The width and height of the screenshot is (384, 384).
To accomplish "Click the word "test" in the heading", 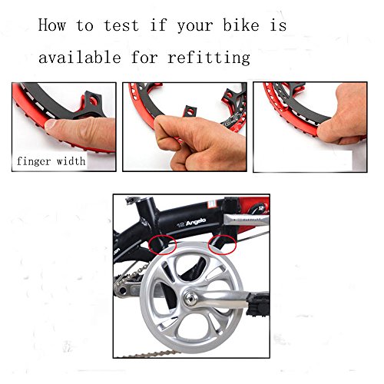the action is point(121,25).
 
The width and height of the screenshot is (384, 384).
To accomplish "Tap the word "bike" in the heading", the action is point(241,25).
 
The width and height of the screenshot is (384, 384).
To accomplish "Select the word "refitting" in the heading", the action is point(209,57).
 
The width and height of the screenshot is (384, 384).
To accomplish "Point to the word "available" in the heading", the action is point(80,57).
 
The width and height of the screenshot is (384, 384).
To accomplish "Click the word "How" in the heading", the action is point(52,25).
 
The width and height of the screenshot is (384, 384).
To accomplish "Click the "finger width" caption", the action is point(51,161).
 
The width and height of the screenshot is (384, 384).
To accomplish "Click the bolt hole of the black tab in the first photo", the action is point(93,101).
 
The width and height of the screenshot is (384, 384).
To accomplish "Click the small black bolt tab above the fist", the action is point(190,111).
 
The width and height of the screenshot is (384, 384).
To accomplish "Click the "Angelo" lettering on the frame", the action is point(196,222).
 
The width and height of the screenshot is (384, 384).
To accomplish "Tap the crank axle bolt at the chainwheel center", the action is point(191,298).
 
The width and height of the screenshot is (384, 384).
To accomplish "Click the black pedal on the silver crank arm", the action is point(258,305).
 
